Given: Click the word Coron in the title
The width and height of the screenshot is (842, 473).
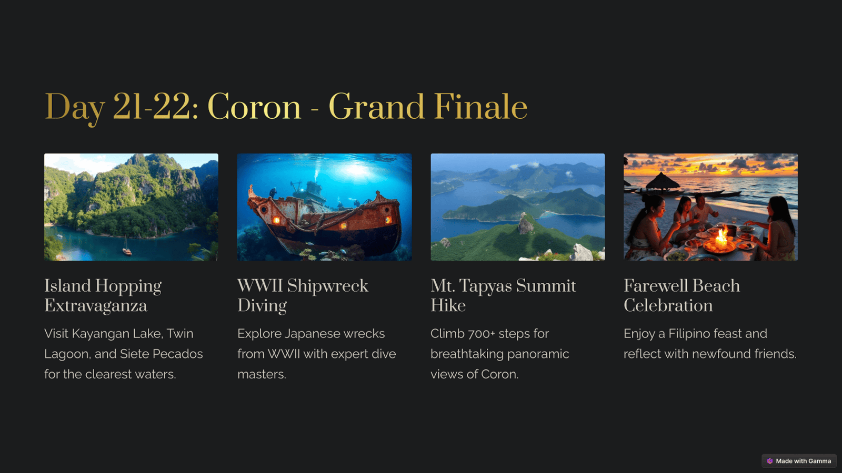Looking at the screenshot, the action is pos(254,107).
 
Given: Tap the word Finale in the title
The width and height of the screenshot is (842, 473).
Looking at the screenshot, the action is pos(481,107).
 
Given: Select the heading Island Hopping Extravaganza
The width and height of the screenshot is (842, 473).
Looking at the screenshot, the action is pos(103,295).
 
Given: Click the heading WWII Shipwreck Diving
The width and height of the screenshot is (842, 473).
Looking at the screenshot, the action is pos(303,295).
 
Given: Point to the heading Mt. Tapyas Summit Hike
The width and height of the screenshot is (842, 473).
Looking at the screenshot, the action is pos(503,295).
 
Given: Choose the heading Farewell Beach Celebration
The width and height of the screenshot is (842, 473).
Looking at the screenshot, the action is pos(681,295).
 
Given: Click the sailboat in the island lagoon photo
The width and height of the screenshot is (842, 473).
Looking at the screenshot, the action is pos(127,247).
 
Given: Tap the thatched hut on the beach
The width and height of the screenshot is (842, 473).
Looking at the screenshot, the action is pos(663,182).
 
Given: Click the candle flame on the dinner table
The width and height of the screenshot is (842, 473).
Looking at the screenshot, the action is pos(721,237).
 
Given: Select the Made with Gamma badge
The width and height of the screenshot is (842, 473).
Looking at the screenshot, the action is pos(799,461).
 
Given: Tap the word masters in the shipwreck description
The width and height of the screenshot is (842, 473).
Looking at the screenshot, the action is pos(262,374).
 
